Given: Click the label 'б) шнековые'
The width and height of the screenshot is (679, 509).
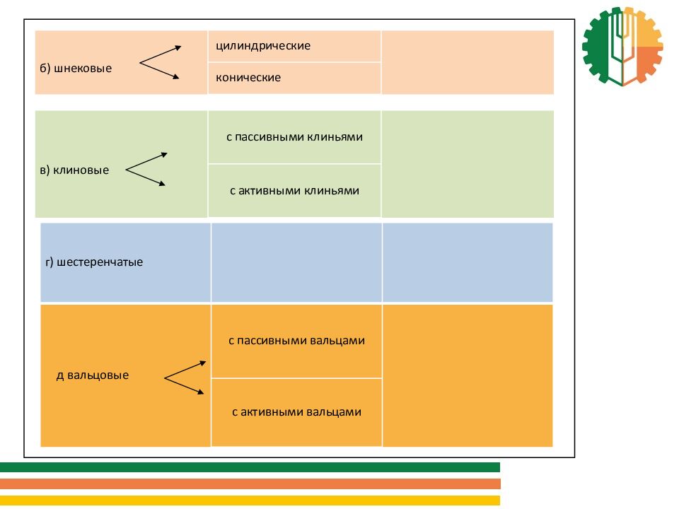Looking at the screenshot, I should click(x=76, y=69).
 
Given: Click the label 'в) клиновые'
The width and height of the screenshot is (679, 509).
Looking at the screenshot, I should click(x=74, y=170).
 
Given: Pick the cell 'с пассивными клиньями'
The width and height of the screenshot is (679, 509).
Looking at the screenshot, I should click(x=294, y=137).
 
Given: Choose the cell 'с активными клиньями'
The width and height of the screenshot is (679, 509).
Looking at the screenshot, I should click(x=294, y=191).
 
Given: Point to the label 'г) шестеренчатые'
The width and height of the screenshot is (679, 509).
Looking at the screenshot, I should click(x=94, y=262).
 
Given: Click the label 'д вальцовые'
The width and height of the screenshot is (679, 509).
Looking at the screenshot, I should click(x=93, y=375).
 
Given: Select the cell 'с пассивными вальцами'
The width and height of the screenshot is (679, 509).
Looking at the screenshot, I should click(x=296, y=341).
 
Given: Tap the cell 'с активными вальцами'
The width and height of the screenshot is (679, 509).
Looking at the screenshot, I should click(x=296, y=412).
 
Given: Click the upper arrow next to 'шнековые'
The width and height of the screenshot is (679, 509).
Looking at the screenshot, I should click(x=161, y=54).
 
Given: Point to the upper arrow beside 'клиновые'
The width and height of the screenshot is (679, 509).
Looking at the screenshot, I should click(x=147, y=160).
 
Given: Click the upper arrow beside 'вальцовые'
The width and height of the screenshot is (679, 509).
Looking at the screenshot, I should click(x=185, y=371).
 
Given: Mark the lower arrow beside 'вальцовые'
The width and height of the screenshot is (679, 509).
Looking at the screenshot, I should click(x=185, y=387).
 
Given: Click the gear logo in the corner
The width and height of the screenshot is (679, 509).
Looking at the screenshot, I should click(x=622, y=47).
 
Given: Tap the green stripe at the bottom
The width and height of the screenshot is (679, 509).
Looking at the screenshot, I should click(x=250, y=467).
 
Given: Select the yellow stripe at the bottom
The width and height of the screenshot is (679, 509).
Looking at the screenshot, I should click(x=250, y=501).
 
